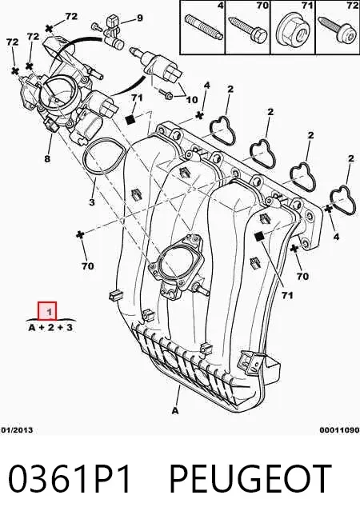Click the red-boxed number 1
point(47,311)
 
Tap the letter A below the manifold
point(175,410)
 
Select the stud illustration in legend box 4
point(202,26)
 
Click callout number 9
point(138,18)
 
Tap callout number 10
point(191,99)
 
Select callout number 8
point(47,158)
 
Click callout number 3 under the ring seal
point(92,202)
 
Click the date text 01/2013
point(17,430)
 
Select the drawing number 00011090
point(340,430)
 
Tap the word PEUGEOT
point(250,479)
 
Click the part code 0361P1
point(69,479)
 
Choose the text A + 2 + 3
point(50,328)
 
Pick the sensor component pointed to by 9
point(113,32)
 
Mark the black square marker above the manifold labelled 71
point(130,119)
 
